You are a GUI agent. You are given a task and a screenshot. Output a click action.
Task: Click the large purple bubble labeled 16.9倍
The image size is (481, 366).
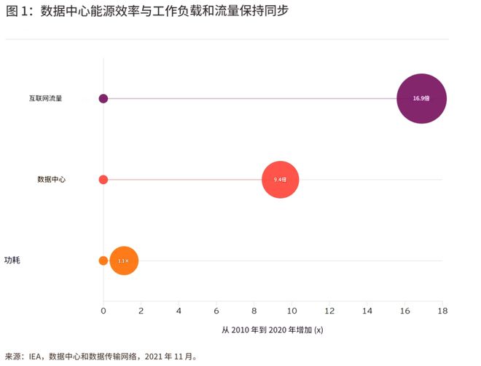[421, 98]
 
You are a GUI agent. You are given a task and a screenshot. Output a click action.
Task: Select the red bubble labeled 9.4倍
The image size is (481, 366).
[281, 179]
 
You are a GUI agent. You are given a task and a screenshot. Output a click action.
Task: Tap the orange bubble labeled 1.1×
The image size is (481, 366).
[124, 260]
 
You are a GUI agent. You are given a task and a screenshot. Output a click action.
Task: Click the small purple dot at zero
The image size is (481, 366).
[103, 98]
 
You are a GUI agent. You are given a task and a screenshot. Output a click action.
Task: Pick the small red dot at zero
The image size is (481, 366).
[103, 179]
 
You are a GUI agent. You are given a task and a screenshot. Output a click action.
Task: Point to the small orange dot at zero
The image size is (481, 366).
[103, 260]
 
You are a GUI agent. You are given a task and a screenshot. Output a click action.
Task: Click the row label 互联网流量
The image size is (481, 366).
[45, 98]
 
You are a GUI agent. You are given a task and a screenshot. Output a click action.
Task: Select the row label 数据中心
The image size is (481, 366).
[52, 179]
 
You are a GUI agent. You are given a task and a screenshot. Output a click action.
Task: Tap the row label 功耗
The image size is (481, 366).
[12, 260]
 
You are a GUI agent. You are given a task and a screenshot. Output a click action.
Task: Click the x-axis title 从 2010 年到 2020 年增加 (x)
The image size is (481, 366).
[273, 330]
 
